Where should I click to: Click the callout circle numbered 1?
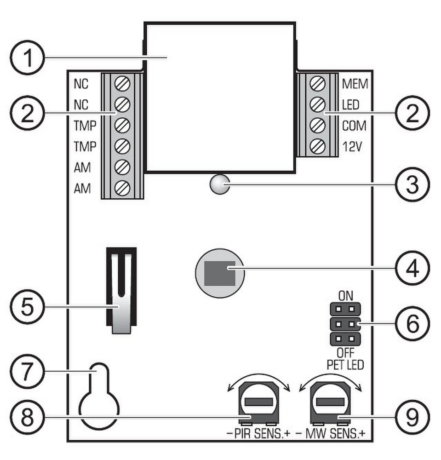(x=27, y=57)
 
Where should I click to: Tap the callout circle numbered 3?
(x=412, y=185)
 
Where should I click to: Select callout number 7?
(x=27, y=371)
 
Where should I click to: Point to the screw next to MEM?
(x=318, y=84)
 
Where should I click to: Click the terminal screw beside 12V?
(x=318, y=146)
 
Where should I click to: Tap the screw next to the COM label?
(x=318, y=125)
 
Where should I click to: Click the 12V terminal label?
(x=352, y=146)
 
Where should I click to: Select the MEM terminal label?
(x=355, y=84)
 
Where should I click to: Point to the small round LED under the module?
(x=220, y=184)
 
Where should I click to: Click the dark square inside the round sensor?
(x=220, y=273)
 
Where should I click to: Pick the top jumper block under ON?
(x=345, y=309)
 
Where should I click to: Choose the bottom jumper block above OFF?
(x=345, y=339)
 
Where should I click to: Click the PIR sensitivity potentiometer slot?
(x=259, y=402)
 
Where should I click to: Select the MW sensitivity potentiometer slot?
(x=331, y=402)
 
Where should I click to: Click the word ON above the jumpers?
(x=346, y=296)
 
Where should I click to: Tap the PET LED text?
(x=345, y=365)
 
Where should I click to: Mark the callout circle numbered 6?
(x=412, y=324)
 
